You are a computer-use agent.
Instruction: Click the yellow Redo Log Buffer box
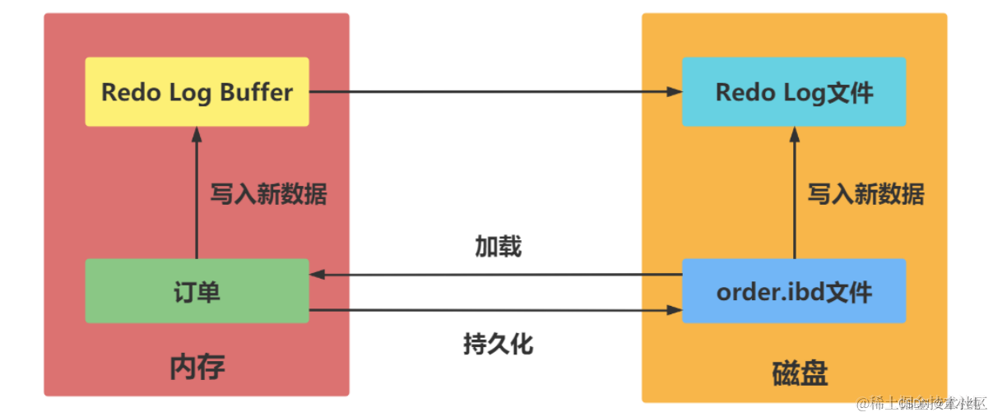pos(197,91)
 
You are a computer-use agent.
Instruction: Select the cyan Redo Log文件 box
pos(794,91)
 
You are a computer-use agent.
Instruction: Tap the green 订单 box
pos(197,290)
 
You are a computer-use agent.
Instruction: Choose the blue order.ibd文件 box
pos(794,290)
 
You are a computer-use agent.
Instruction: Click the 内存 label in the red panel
pos(197,367)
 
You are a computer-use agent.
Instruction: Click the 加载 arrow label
pos(498,246)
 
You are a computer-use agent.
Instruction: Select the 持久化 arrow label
pos(498,343)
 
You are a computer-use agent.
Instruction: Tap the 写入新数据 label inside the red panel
pos(268,194)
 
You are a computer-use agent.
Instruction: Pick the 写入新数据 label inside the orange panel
pos(865,194)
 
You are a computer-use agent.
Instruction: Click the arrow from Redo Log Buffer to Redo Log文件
pos(494,92)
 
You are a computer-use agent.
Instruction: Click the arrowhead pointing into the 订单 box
pos(316,275)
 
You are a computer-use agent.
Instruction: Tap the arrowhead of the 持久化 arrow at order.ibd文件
pos(676,311)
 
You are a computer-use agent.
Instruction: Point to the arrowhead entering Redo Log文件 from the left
pos(676,92)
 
